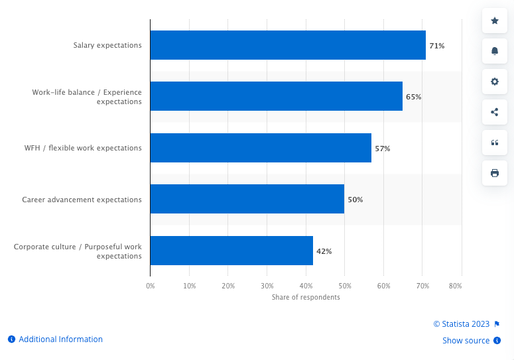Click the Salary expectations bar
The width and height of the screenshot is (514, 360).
(288, 45)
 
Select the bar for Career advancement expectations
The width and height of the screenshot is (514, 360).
(247, 199)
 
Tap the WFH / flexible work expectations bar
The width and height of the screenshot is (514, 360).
(261, 148)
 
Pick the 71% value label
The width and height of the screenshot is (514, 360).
(436, 46)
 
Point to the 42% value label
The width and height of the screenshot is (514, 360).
(324, 251)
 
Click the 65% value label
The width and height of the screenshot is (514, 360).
(413, 97)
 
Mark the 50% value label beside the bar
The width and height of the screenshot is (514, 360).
(355, 200)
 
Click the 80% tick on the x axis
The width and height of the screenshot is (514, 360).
(455, 286)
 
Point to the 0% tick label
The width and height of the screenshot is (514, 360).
(151, 286)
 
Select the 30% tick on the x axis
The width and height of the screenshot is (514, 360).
(267, 286)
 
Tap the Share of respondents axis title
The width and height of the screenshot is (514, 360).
(306, 297)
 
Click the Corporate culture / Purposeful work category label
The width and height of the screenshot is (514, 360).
(78, 251)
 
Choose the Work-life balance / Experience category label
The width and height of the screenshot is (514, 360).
(87, 97)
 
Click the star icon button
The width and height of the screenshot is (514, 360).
(494, 21)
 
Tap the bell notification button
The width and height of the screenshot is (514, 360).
(494, 51)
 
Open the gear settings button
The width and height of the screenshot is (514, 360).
(494, 82)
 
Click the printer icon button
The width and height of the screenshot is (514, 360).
(494, 173)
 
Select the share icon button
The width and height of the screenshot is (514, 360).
(494, 112)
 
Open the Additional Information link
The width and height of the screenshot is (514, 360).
(60, 339)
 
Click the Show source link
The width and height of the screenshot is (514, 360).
(466, 341)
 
